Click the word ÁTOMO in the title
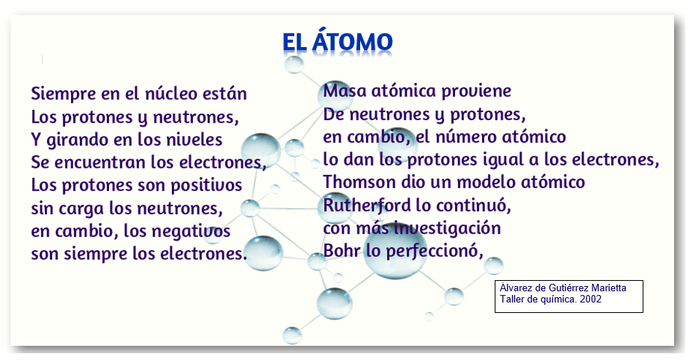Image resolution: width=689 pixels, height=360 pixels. coord(353,42)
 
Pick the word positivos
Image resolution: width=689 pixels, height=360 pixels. coord(206,186)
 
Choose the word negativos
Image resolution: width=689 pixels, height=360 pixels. coord(194,232)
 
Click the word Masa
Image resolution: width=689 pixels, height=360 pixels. coord(345,91)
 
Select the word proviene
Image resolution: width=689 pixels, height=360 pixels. coord(476,92)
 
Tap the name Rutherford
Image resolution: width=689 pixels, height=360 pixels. coord(368,205)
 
